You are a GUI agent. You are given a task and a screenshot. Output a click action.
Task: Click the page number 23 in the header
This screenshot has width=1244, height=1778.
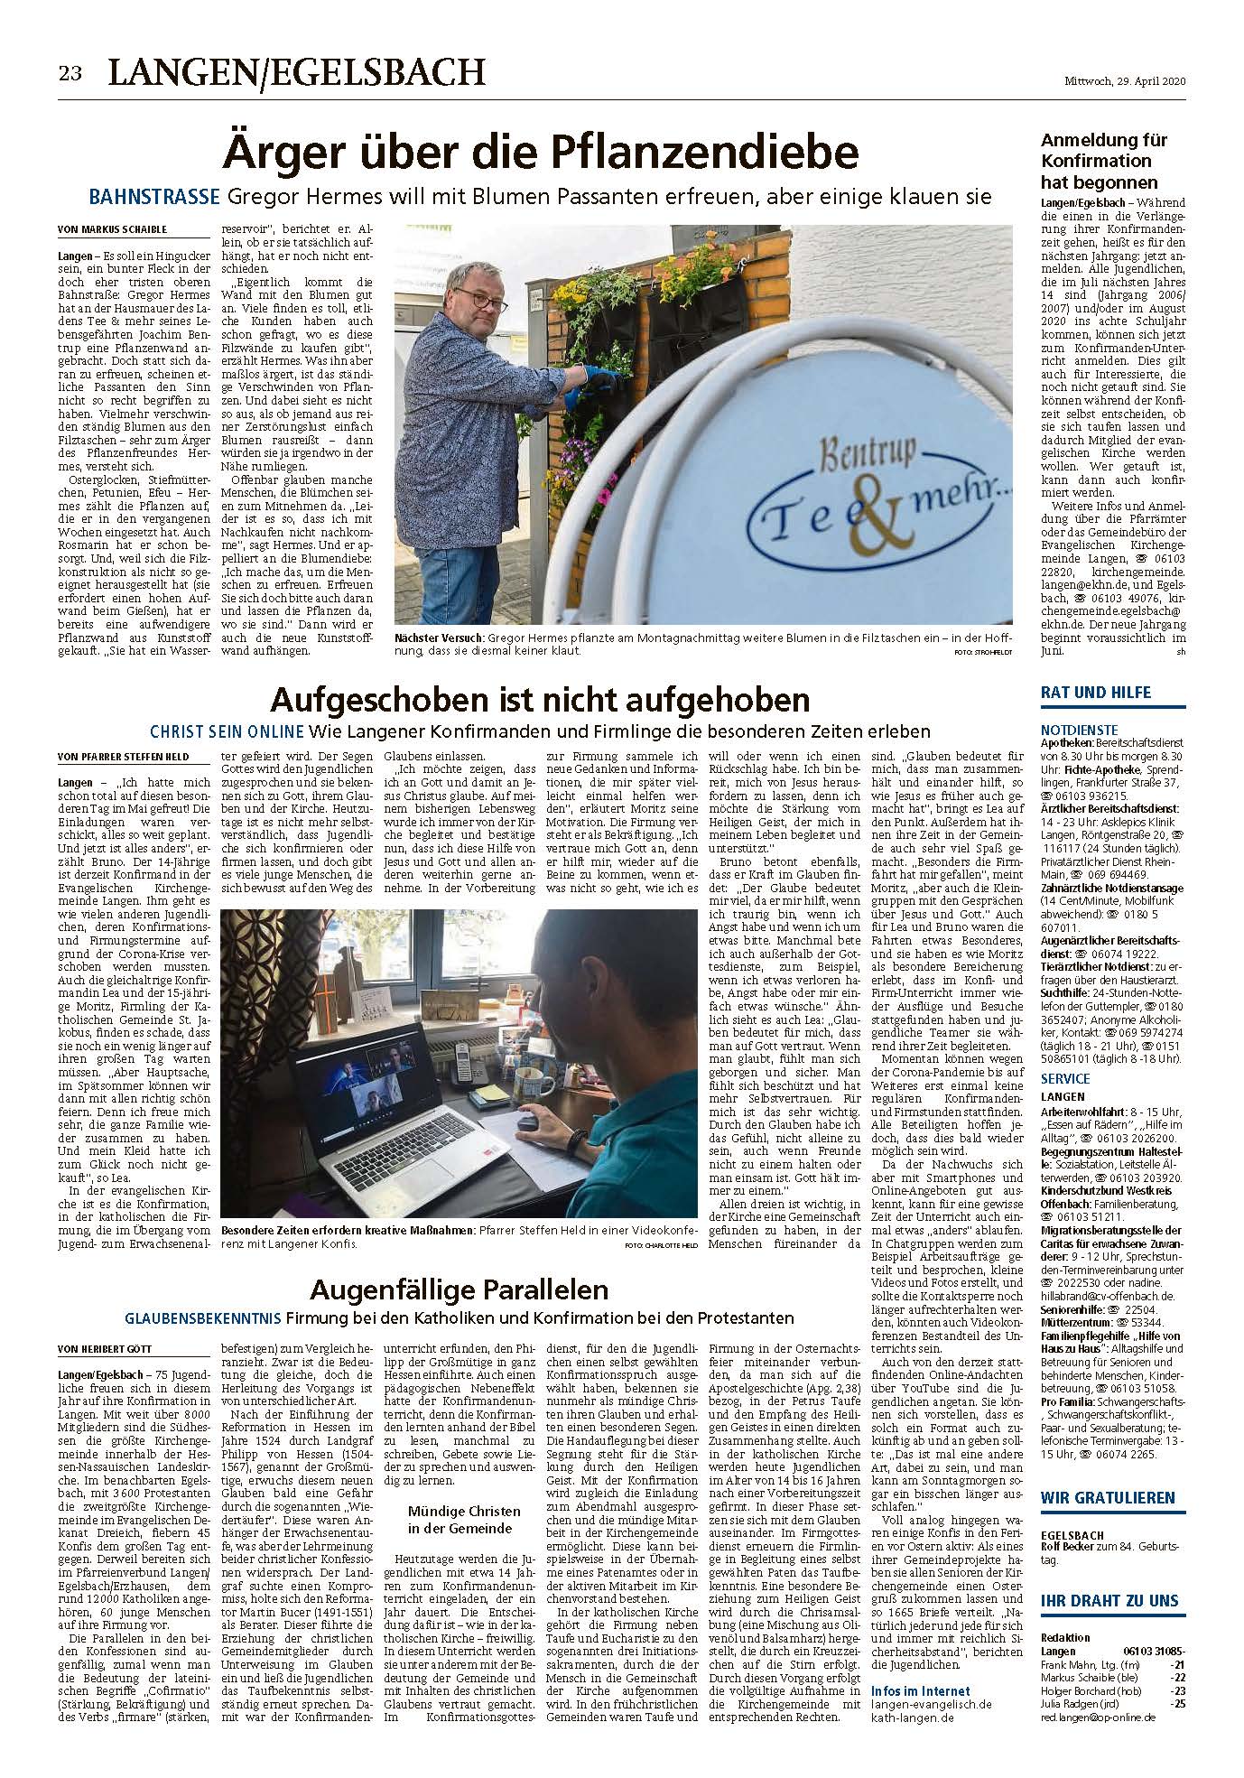tap(70, 74)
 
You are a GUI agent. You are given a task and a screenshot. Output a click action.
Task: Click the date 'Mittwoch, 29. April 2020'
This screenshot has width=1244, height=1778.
tap(1122, 81)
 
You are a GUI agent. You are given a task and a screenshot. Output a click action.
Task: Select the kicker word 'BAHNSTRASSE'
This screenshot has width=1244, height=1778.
tap(153, 196)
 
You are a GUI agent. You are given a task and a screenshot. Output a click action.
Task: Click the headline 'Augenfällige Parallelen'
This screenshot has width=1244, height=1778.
tap(459, 1289)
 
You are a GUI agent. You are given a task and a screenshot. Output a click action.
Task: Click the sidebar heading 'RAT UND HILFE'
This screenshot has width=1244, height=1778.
tap(1095, 693)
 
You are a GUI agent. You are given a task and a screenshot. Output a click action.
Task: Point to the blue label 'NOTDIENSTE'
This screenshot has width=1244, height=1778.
tap(1078, 729)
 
